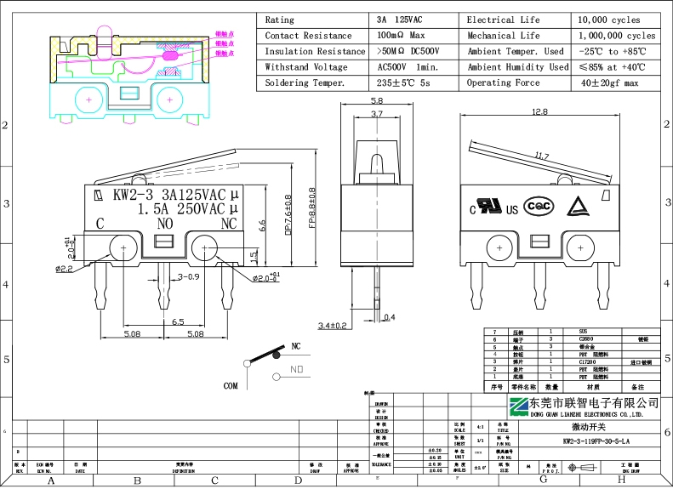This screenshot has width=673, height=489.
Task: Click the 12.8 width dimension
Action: pos(539,111)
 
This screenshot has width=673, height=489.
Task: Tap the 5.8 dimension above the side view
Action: pos(377,101)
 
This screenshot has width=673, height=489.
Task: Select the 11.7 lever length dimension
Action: pos(541,156)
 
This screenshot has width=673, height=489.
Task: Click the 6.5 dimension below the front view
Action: pos(178,322)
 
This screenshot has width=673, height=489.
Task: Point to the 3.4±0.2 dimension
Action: pos(333,326)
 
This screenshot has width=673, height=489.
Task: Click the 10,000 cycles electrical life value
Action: pos(609,20)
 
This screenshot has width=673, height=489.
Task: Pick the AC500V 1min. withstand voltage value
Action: pos(407,67)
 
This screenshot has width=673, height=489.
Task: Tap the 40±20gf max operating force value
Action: pos(609,83)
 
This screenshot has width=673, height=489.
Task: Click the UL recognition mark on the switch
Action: pos(488,207)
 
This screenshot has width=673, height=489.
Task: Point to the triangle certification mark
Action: pos(576,207)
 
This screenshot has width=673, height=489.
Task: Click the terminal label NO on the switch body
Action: pos(166,224)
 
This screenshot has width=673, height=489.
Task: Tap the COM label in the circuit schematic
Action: pos(231,385)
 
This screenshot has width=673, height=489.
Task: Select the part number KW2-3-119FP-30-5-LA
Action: pos(596,441)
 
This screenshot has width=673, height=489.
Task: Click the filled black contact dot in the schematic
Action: pos(276,356)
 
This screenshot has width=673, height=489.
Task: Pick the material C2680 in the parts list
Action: pos(587,339)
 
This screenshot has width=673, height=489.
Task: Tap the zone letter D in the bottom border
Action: pos(298,480)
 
